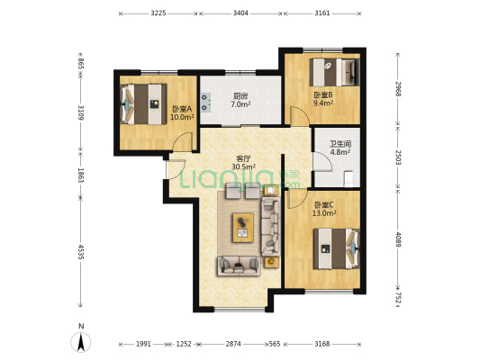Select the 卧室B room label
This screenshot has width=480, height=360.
(323, 94)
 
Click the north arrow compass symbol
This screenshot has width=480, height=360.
(82, 340)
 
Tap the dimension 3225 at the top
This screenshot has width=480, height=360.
(158, 13)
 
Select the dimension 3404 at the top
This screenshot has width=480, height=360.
(241, 13)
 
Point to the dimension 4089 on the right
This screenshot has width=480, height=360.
(397, 240)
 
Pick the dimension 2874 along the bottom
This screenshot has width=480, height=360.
(234, 343)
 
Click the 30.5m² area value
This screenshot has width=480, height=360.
(244, 166)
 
